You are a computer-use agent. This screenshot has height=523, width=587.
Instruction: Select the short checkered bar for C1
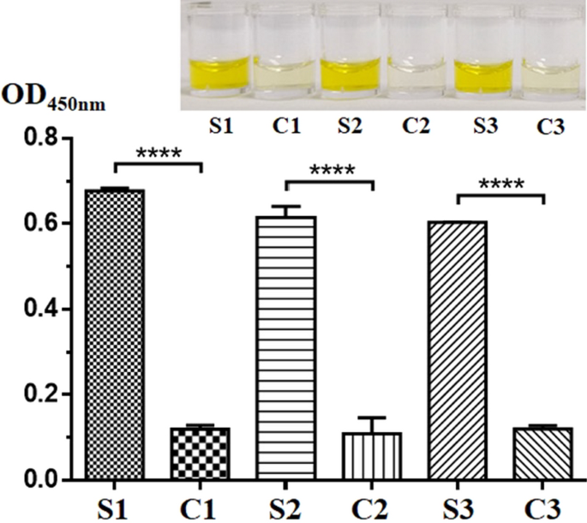click(x=199, y=454)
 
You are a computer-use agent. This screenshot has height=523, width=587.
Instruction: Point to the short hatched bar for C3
click(x=543, y=454)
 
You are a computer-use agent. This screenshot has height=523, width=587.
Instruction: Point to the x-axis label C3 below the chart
click(x=543, y=506)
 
